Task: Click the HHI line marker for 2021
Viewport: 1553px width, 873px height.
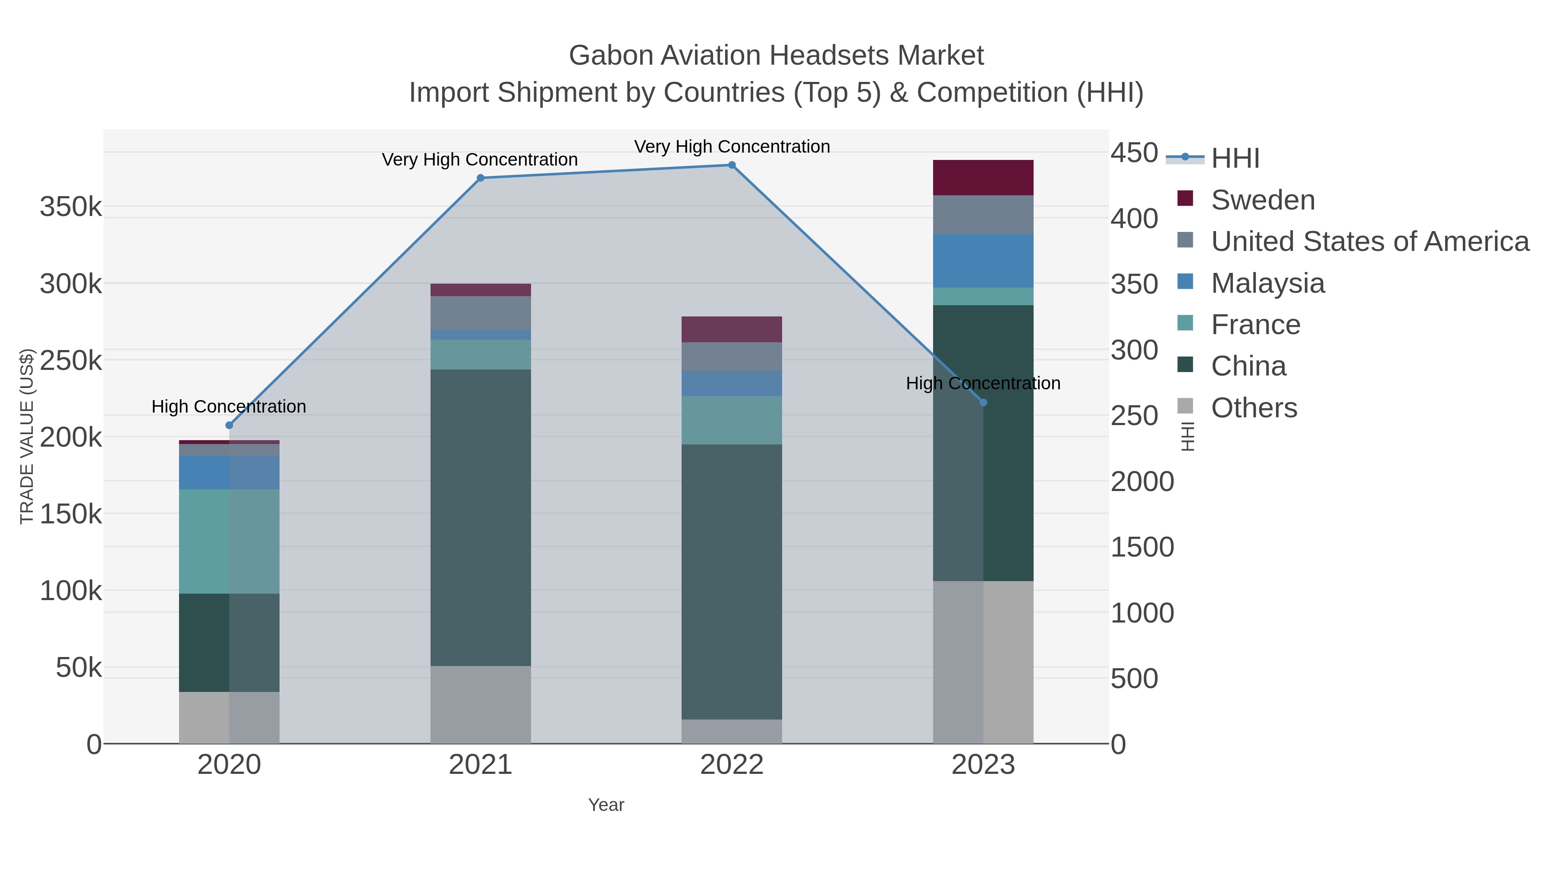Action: pyautogui.click(x=481, y=178)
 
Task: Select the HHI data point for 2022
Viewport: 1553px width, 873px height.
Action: pyautogui.click(x=732, y=165)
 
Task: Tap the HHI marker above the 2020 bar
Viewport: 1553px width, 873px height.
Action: pyautogui.click(x=229, y=426)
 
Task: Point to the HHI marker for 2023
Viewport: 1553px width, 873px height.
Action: pyautogui.click(x=983, y=403)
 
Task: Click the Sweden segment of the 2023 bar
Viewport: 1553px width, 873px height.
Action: pyautogui.click(x=983, y=178)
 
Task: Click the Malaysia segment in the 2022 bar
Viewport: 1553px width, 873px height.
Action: pyautogui.click(x=732, y=384)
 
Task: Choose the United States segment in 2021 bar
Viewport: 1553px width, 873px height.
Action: pyautogui.click(x=481, y=313)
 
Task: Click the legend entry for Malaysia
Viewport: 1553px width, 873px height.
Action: pyautogui.click(x=1267, y=283)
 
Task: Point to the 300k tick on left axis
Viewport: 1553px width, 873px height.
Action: pyautogui.click(x=71, y=284)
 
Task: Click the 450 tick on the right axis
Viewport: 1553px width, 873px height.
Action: pyautogui.click(x=1134, y=153)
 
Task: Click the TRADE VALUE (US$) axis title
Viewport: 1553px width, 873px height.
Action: pyautogui.click(x=27, y=436)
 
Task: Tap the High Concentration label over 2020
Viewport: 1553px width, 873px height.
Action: pyautogui.click(x=229, y=407)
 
